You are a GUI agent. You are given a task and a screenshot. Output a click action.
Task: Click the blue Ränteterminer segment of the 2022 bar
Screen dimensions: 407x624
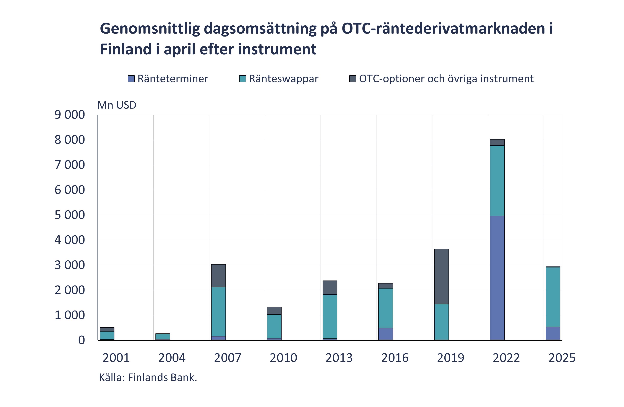pyautogui.click(x=497, y=278)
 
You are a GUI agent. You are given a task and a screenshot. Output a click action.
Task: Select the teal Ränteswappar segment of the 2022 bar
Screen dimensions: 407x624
pyautogui.click(x=497, y=181)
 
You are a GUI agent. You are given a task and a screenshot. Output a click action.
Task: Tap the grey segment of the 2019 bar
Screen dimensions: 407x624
pyautogui.click(x=441, y=276)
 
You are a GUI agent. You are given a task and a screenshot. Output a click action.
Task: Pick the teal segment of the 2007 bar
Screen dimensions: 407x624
pyautogui.click(x=218, y=311)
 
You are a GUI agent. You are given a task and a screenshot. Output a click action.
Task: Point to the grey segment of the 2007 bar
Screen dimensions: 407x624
pyautogui.click(x=218, y=275)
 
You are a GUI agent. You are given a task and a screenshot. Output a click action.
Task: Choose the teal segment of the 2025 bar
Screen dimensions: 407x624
pyautogui.click(x=553, y=297)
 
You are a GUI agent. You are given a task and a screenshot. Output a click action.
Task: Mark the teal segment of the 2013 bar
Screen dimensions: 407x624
pyautogui.click(x=330, y=316)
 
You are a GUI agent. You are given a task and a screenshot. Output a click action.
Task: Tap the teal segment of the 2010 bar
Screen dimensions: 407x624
pyautogui.click(x=274, y=326)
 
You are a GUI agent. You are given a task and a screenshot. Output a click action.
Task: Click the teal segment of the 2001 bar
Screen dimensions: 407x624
pyautogui.click(x=107, y=335)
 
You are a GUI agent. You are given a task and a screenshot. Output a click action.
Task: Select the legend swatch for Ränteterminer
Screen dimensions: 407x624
pyautogui.click(x=131, y=79)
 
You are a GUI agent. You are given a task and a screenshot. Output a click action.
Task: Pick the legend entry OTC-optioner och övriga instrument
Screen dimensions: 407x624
pyautogui.click(x=446, y=79)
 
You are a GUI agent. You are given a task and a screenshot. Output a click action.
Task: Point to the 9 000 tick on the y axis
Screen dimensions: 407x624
pyautogui.click(x=69, y=115)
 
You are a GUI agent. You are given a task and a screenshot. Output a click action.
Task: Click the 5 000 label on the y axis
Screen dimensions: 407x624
pyautogui.click(x=69, y=215)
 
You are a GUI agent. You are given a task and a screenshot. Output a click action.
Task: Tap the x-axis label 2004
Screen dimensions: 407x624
pyautogui.click(x=172, y=358)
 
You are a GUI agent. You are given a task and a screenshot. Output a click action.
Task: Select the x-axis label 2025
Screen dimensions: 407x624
pyautogui.click(x=562, y=358)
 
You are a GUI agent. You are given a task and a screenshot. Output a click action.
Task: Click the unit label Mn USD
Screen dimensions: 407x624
pyautogui.click(x=117, y=105)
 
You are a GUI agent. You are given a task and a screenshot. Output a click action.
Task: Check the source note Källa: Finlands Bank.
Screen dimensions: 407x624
pyautogui.click(x=148, y=377)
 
